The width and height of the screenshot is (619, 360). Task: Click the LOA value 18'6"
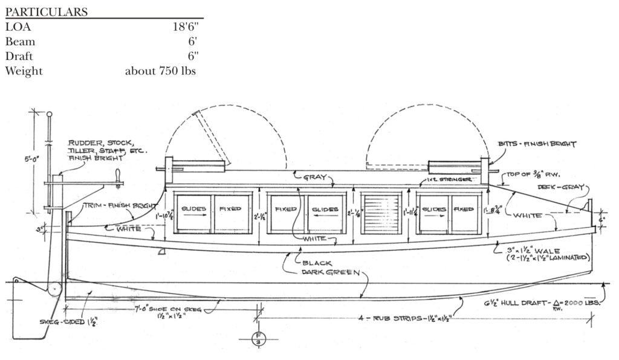pos(185,27)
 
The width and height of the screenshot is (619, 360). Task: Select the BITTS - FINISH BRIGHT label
pos(537,144)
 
